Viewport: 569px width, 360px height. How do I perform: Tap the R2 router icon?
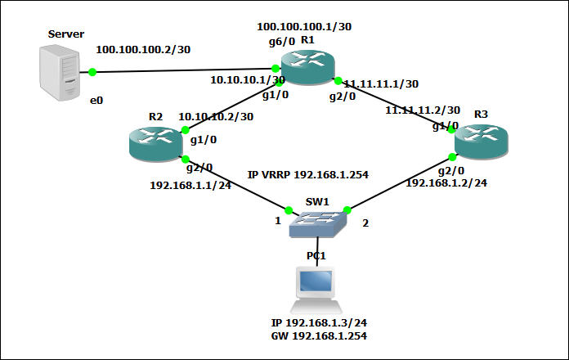pos(155,143)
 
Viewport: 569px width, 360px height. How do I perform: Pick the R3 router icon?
pos(481,142)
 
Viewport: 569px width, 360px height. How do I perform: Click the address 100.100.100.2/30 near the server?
pos(143,49)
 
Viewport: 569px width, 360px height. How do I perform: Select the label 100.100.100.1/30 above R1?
pos(304,27)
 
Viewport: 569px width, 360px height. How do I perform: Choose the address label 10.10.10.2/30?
pos(216,117)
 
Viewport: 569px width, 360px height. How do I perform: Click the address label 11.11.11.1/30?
pos(381,83)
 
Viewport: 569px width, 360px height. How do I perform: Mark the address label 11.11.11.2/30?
pos(423,110)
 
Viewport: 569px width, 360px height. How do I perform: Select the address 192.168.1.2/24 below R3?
pos(446,183)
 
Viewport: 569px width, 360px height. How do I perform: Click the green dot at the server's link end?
pos(92,72)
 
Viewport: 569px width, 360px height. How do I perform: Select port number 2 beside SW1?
pos(365,223)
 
